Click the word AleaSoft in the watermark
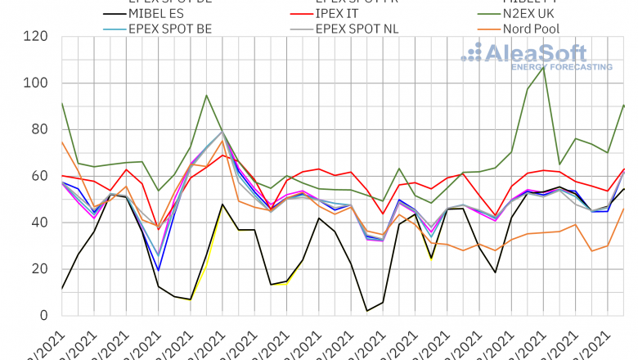[537, 53]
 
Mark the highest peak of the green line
[544, 66]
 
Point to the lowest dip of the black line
[367, 311]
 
